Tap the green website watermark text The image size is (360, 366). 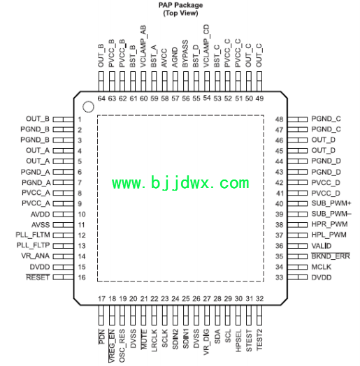point(180,183)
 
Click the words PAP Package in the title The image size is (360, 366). point(180,5)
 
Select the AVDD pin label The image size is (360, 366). point(40,214)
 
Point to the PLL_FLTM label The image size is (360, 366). point(33,235)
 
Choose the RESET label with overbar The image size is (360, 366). point(38,277)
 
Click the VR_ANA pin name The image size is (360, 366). point(35,256)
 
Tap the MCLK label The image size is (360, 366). point(322,267)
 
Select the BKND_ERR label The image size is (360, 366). point(331,256)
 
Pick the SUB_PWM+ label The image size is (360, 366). point(331,203)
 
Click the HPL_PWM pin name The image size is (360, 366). point(329,235)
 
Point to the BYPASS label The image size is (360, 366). point(185,54)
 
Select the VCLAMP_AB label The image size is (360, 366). point(143,47)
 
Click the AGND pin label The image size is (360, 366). point(175,58)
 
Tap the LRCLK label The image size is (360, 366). point(154,340)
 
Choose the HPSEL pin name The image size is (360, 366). point(238,341)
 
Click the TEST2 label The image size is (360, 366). point(259,339)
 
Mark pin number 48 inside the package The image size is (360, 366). point(279,119)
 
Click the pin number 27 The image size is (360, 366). point(207,298)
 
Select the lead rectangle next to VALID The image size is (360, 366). point(297,246)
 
